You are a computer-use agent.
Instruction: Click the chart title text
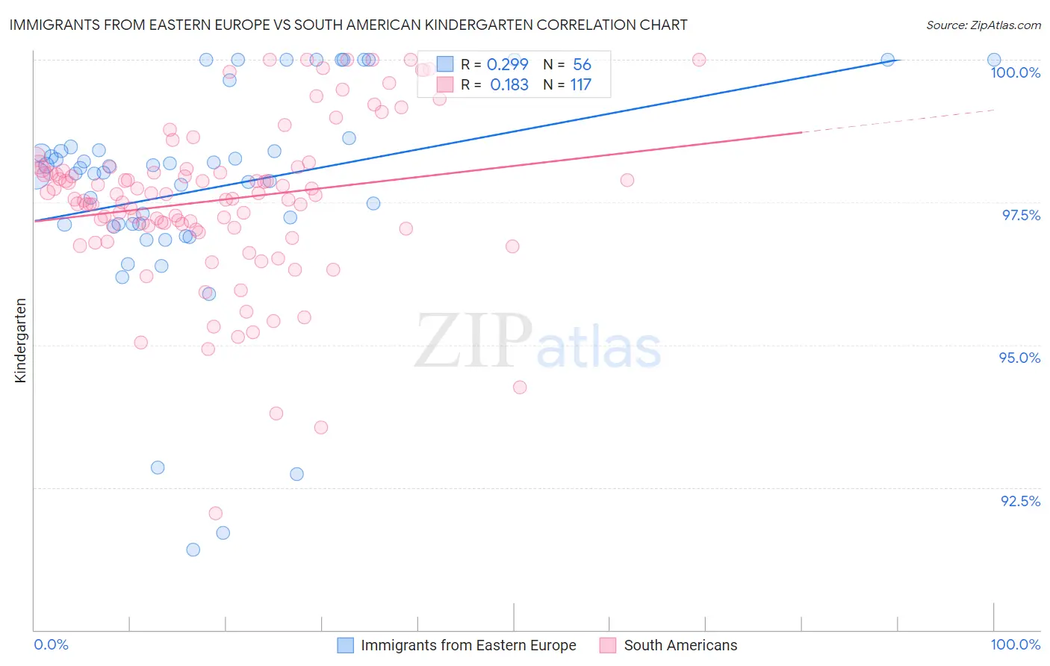click(x=348, y=25)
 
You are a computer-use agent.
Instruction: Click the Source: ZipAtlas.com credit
click(x=983, y=25)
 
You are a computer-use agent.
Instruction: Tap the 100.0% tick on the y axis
click(x=1015, y=72)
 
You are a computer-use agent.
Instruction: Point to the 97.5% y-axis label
click(x=1021, y=215)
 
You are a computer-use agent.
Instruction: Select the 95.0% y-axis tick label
click(x=1019, y=358)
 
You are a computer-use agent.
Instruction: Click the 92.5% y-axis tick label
click(x=1020, y=501)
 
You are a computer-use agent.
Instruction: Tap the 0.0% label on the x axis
click(x=52, y=644)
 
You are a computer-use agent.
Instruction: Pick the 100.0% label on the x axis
click(x=1015, y=644)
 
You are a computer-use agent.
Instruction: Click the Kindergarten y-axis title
click(x=20, y=340)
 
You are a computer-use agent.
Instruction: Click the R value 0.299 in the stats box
click(x=507, y=65)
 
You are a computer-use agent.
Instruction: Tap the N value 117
click(x=580, y=85)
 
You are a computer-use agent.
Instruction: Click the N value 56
click(x=582, y=65)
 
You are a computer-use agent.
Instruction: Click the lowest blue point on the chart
click(x=193, y=550)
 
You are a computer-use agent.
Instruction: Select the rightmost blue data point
click(x=994, y=60)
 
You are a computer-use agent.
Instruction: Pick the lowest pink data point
click(x=216, y=513)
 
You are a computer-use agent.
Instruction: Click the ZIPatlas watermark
click(x=538, y=340)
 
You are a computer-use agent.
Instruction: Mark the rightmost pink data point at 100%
click(x=699, y=60)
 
